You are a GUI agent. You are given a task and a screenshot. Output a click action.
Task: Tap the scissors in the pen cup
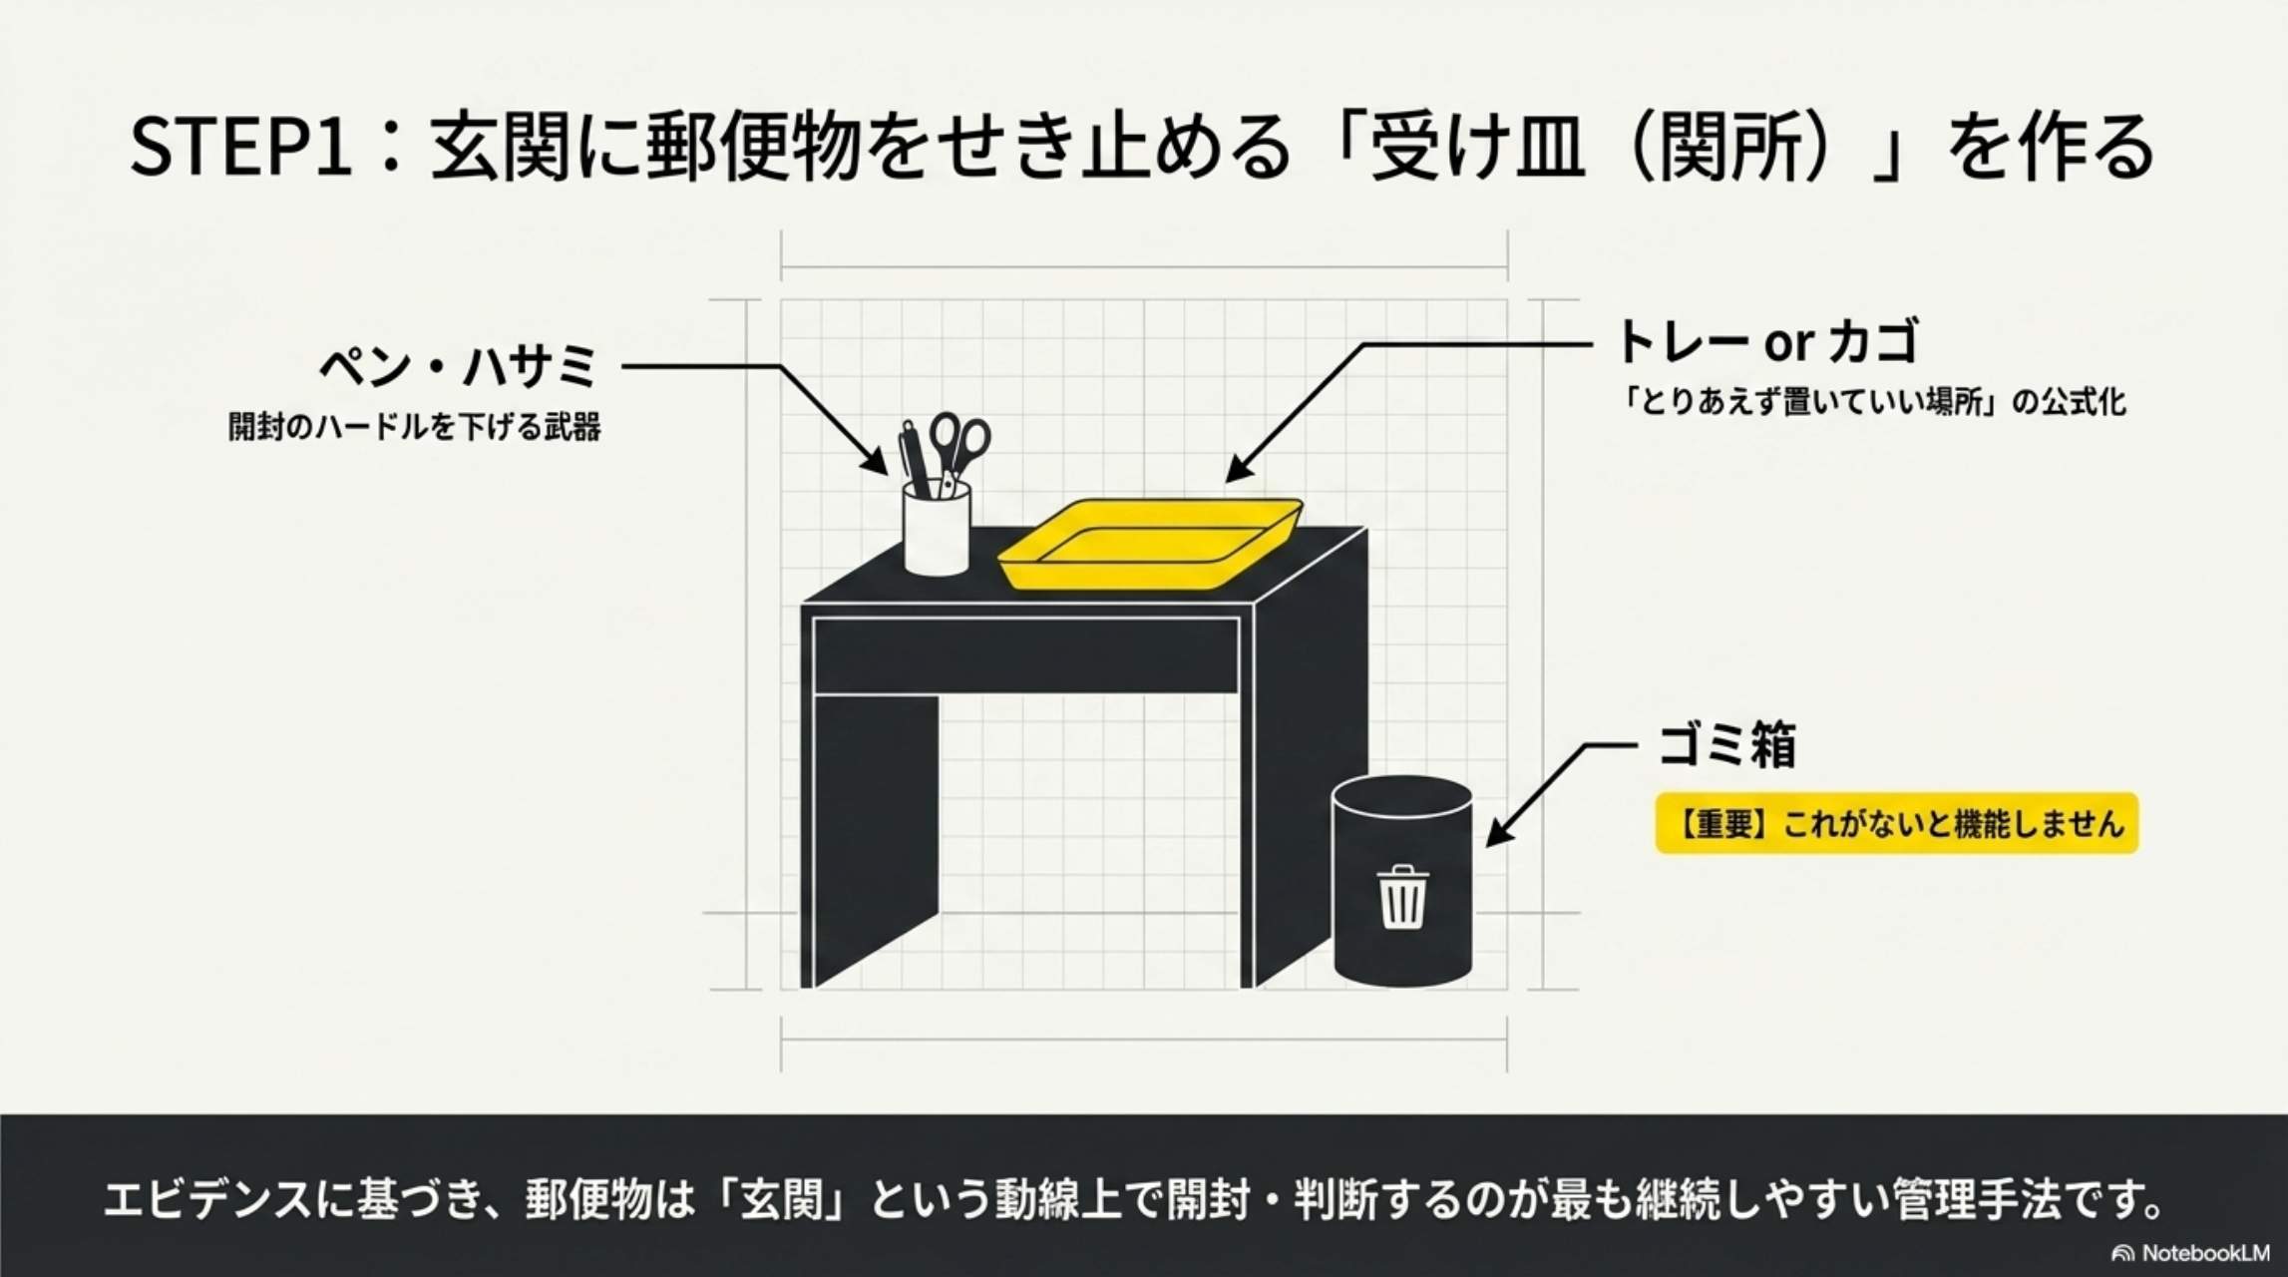click(x=961, y=444)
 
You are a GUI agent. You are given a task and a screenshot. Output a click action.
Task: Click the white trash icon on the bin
click(x=1401, y=896)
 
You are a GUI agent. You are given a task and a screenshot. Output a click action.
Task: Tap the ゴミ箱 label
click(x=1726, y=744)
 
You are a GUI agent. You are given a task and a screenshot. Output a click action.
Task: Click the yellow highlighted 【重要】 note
click(x=1896, y=824)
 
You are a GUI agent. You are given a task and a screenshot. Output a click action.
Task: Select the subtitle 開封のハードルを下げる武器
click(x=414, y=427)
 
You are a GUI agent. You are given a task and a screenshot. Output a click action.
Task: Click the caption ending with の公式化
click(x=1872, y=403)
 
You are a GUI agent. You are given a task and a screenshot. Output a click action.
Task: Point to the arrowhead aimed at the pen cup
click(x=877, y=463)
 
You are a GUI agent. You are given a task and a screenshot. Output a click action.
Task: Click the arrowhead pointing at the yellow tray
click(x=1237, y=470)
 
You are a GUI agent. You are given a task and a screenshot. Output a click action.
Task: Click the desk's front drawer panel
click(x=1025, y=654)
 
